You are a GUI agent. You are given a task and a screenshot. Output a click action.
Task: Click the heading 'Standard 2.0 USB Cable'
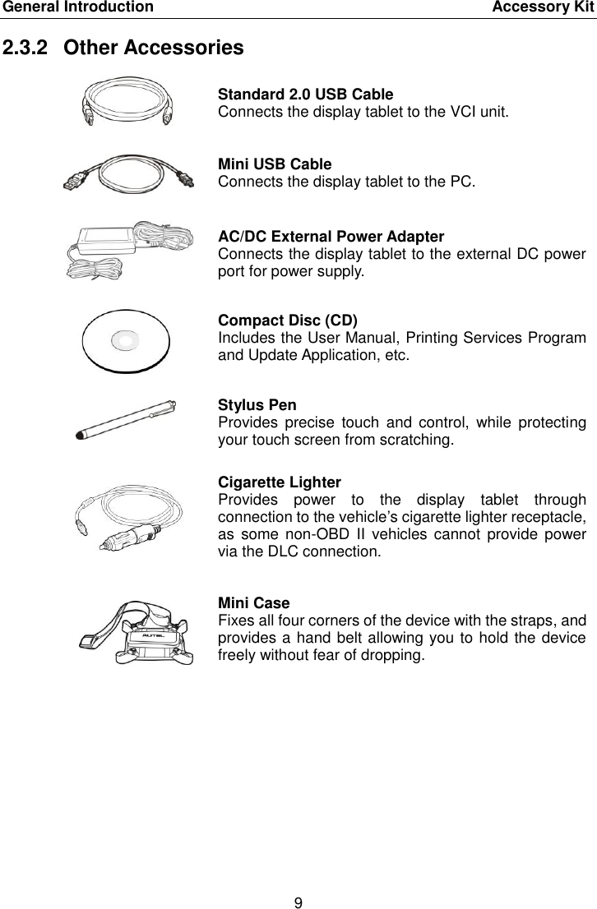tap(305, 95)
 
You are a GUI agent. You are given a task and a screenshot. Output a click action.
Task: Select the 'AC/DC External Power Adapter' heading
tap(331, 238)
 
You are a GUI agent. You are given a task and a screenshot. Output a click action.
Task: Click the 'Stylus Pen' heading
tap(257, 404)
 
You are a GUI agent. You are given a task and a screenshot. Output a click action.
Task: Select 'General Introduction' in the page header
tap(77, 7)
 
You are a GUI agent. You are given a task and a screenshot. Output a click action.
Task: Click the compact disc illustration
tap(127, 341)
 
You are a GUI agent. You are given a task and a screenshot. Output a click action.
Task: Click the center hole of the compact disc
tap(125, 340)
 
